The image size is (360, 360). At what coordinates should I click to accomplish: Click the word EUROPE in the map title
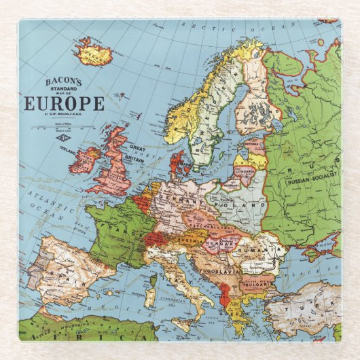coord(65,104)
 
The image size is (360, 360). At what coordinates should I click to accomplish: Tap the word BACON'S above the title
coord(62,82)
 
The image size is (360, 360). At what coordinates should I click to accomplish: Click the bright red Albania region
coord(221,295)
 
